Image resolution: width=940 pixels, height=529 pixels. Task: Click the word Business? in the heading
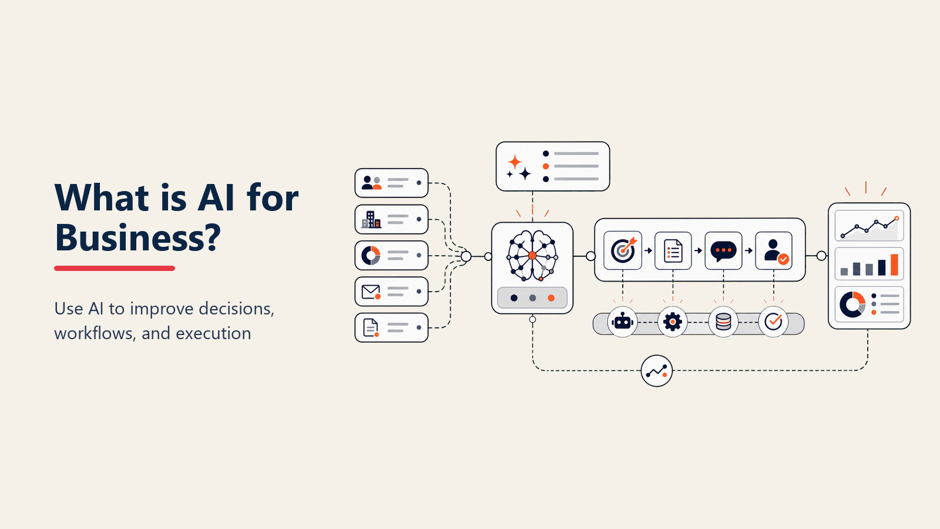point(137,237)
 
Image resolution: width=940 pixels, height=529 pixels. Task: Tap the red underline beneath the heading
point(115,268)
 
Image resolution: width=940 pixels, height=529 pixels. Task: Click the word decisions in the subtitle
point(236,309)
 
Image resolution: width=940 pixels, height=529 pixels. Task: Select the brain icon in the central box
point(532,255)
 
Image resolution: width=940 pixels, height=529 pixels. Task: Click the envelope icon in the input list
point(371,292)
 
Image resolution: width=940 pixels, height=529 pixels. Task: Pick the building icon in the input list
point(371,220)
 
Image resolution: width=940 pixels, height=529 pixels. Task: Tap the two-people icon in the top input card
point(371,183)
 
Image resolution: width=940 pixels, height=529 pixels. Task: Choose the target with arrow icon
point(623,250)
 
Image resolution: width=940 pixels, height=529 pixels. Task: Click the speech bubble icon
point(723,252)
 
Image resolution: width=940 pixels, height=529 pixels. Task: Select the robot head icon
point(622,322)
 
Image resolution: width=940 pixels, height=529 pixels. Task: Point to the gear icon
point(673,322)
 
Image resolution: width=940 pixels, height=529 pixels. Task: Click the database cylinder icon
point(723,322)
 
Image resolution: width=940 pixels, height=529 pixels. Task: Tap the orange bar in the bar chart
point(894,264)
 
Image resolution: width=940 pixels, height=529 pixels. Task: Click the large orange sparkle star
point(515,162)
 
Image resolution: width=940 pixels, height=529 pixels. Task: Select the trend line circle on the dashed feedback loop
point(657,371)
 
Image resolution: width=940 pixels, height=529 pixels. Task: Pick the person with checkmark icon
point(775,252)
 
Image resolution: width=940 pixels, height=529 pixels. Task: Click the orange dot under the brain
point(551,298)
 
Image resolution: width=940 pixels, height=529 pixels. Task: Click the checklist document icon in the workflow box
point(673,251)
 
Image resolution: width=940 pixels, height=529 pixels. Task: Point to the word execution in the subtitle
point(213,333)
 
